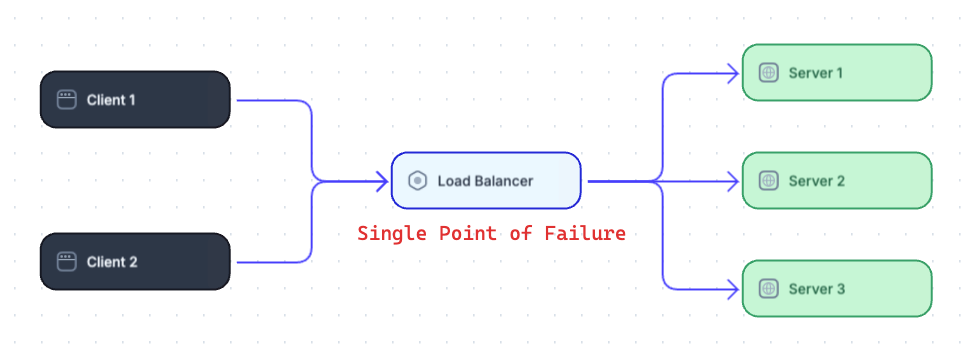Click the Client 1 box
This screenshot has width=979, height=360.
(x=135, y=100)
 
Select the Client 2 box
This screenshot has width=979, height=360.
(x=135, y=262)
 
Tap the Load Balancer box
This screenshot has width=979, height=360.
(x=485, y=181)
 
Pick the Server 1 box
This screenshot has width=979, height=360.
(x=836, y=73)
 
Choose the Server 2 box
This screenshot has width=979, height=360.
(x=836, y=181)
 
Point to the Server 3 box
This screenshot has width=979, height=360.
(x=836, y=289)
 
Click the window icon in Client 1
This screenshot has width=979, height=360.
(x=67, y=100)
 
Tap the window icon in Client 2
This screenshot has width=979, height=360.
(x=67, y=262)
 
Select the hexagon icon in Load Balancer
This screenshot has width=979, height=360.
(x=418, y=181)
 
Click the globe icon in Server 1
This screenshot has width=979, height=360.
(x=768, y=73)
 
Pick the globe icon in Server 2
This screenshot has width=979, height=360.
(x=768, y=181)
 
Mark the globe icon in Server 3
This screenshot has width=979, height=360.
(x=768, y=289)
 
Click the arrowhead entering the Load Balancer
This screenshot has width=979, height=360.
(x=382, y=181)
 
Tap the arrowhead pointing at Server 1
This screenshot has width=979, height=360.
(x=733, y=73)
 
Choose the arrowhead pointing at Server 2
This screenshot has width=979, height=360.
(x=733, y=181)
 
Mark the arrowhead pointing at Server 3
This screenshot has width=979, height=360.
(x=733, y=289)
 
